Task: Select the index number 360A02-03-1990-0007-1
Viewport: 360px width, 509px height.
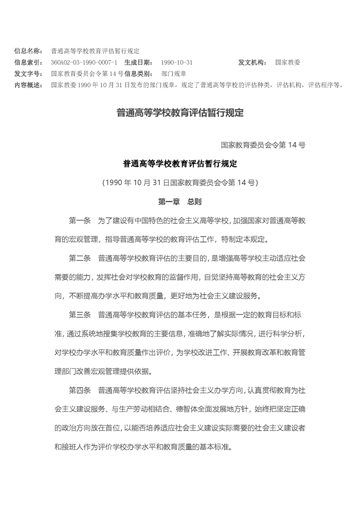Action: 84,62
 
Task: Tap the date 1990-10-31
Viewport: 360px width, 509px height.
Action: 177,62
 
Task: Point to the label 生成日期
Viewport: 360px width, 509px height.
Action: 140,62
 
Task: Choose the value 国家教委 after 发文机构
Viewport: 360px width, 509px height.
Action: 287,62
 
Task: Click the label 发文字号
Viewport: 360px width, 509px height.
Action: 29,73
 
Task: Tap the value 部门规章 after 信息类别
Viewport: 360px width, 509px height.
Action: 173,73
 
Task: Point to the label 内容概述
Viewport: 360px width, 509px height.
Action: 29,84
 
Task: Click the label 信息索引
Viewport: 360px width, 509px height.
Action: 29,62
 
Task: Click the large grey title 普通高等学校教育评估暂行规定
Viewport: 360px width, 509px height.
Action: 180,113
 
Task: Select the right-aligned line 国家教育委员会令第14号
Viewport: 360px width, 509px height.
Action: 263,145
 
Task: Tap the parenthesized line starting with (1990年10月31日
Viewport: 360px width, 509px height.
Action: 180,183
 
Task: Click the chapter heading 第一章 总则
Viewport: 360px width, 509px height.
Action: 180,201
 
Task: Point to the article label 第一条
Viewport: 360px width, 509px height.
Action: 80,221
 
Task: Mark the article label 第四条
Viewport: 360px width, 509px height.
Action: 80,390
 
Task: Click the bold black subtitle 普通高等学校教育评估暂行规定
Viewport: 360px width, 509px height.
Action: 180,164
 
